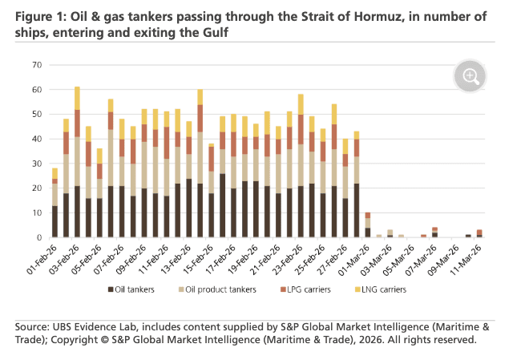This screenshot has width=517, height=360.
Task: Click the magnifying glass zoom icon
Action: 471,77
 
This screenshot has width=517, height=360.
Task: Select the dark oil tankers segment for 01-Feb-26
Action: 55,221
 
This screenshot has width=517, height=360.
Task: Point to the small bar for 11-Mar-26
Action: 479,234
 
